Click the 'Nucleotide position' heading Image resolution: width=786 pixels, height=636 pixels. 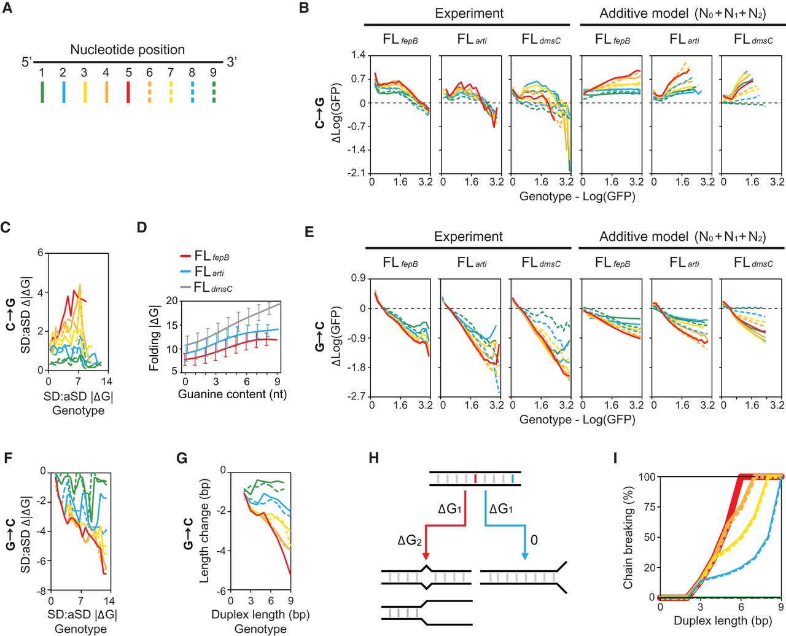[127, 50]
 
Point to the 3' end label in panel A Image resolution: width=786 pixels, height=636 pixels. [232, 62]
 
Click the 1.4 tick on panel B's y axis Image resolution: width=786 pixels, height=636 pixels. [358, 56]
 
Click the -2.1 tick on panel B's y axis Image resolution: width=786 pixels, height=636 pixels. [357, 173]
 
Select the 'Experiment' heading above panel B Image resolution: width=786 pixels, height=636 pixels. [469, 14]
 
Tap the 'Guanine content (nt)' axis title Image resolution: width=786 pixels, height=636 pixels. [232, 394]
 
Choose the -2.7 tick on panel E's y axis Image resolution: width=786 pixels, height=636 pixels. [357, 396]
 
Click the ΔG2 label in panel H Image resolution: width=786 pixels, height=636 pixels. [410, 541]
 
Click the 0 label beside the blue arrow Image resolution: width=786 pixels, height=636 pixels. [534, 540]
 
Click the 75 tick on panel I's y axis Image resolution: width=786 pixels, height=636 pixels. [648, 507]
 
